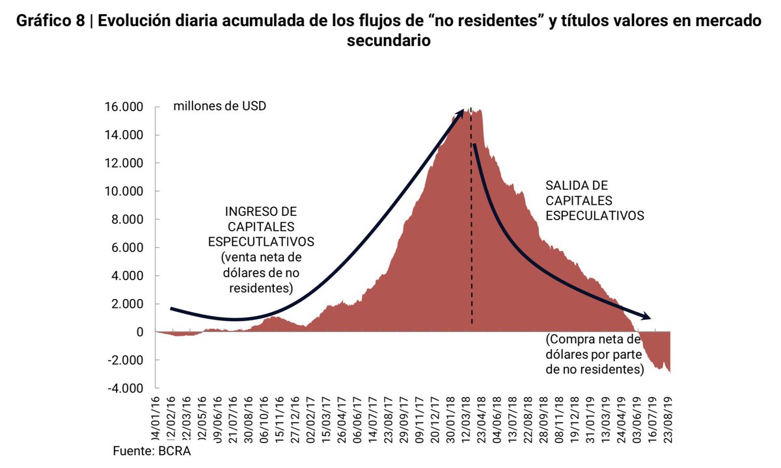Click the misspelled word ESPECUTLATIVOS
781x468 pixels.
[262, 241]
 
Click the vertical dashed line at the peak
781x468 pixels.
[471, 260]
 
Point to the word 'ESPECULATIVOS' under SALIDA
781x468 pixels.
[595, 215]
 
